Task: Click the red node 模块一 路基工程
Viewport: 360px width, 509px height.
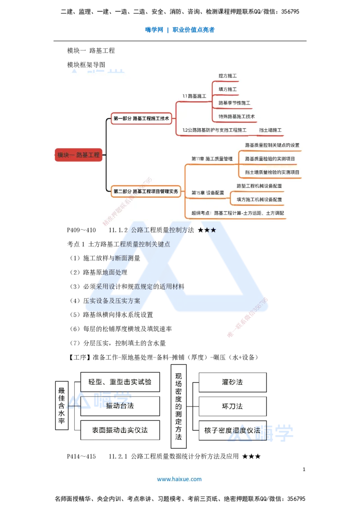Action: coord(78,155)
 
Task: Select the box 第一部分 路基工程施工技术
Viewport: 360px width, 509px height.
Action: coord(141,119)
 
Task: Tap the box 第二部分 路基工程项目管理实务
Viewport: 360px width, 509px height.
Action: coord(146,191)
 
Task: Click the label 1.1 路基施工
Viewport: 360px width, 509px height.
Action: coord(194,96)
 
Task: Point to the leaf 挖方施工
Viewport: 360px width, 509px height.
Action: coord(228,76)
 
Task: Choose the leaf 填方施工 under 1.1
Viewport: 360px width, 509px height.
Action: coord(228,89)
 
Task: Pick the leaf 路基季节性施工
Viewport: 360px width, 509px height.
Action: coord(234,103)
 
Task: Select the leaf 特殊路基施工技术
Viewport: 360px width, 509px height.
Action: coord(237,116)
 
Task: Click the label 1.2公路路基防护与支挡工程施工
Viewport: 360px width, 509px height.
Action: coord(214,130)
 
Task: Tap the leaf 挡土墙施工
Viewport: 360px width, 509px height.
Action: coord(270,130)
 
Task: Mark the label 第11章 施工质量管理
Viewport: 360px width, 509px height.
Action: coord(212,159)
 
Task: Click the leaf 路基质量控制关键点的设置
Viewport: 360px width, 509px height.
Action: coord(272,145)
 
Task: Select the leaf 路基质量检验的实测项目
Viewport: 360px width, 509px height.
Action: coord(270,159)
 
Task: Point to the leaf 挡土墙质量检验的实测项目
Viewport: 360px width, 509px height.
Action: coord(272,172)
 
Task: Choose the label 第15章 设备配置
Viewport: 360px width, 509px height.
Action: coord(207,192)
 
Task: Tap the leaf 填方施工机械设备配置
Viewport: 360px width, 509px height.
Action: coord(259,199)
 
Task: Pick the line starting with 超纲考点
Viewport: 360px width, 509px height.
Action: coord(238,213)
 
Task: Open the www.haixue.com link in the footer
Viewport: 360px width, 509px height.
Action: coord(179,479)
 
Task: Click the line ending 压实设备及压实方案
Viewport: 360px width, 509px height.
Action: coord(112,300)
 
